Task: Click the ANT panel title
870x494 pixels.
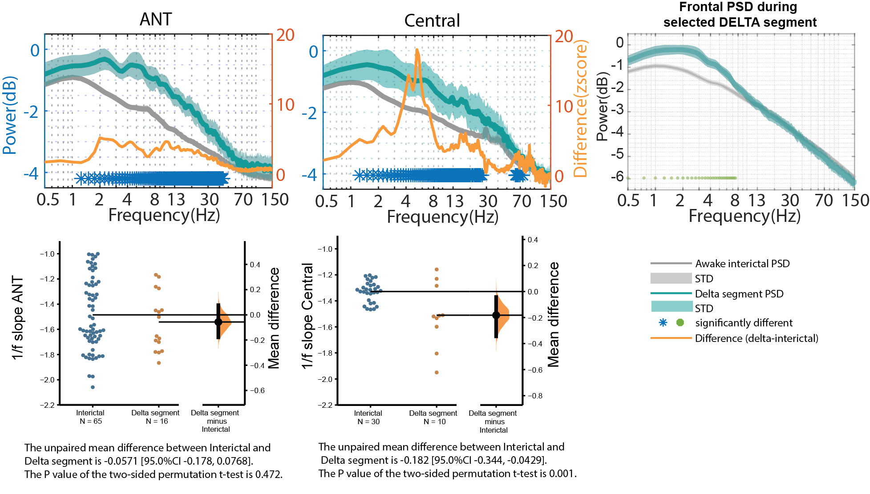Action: [x=155, y=20]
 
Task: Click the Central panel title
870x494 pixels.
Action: [x=432, y=21]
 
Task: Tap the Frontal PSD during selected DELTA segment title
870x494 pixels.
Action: [x=740, y=15]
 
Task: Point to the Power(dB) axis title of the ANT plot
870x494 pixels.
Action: [x=10, y=116]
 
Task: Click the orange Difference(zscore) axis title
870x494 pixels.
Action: [x=580, y=108]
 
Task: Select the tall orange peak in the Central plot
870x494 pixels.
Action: [x=417, y=52]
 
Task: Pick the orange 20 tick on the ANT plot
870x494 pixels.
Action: [x=285, y=35]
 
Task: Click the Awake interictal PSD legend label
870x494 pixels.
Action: [x=742, y=264]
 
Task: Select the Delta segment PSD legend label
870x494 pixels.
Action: [x=739, y=294]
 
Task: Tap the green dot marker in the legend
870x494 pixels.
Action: [x=680, y=322]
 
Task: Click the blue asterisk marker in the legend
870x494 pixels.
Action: [x=663, y=322]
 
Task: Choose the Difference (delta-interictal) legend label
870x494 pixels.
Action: [x=757, y=338]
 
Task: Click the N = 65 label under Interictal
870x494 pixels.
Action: [x=91, y=421]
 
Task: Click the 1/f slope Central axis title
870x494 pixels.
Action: [x=308, y=316]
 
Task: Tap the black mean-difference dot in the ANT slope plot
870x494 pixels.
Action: [x=218, y=322]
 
